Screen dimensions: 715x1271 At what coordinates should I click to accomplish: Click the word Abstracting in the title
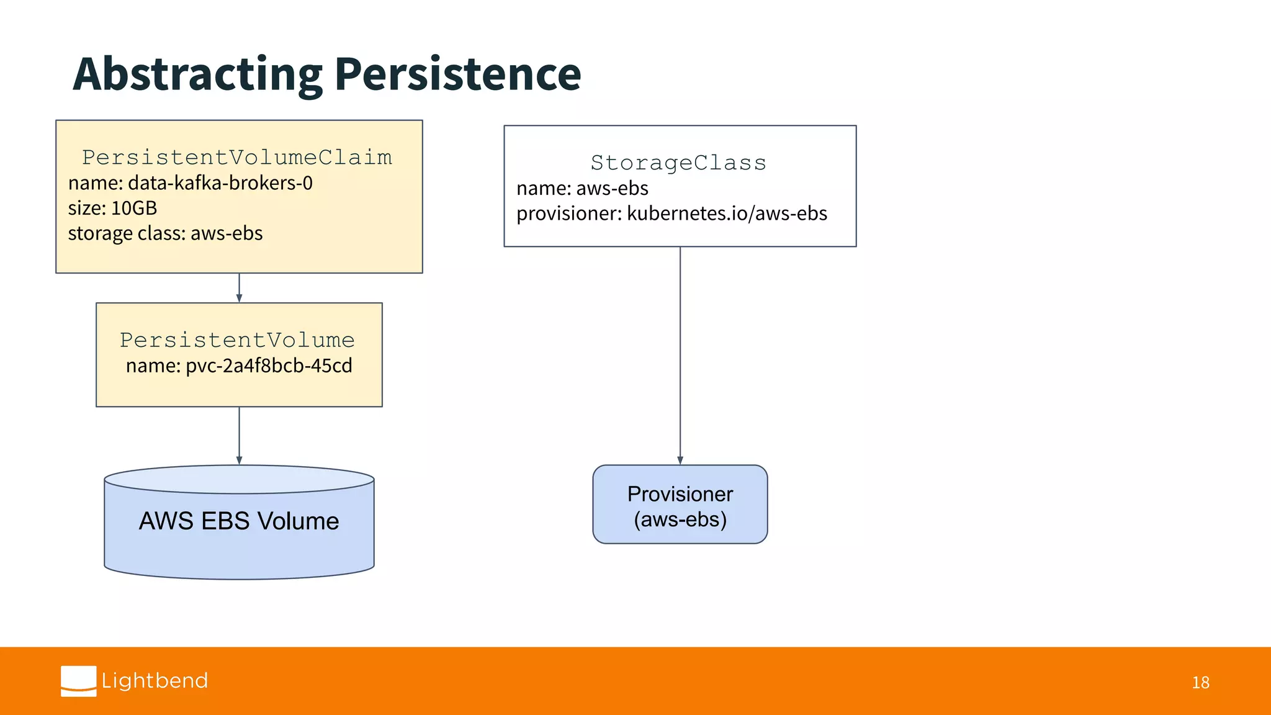coord(197,74)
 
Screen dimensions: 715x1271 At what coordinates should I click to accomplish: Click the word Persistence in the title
coord(457,74)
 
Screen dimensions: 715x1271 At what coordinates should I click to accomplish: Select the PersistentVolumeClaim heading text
coord(237,158)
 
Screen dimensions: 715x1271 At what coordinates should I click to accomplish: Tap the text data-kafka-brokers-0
coord(220,183)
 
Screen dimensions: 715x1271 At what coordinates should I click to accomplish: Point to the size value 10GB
coord(134,208)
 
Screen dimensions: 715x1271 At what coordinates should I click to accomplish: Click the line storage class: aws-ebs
coord(165,233)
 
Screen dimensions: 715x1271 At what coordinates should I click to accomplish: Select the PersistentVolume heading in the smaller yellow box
coord(237,340)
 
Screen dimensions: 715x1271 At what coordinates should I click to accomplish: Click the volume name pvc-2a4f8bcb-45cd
coord(269,366)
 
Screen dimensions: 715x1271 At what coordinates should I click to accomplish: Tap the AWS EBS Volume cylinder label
coord(239,521)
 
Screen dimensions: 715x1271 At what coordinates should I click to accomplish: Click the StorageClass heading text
coord(678,163)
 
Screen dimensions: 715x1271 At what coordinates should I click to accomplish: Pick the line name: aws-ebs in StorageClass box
coord(582,188)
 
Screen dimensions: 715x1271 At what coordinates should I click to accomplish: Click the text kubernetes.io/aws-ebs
coord(727,214)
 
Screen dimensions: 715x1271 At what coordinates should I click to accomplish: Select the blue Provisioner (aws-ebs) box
coord(680,505)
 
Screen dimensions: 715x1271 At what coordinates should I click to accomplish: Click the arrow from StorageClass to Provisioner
coord(680,354)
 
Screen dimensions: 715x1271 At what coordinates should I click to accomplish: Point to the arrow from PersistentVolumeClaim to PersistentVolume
coord(239,288)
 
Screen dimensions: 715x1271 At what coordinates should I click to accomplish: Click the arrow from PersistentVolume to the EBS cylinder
coord(239,435)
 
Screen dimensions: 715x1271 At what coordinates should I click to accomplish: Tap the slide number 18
coord(1200,683)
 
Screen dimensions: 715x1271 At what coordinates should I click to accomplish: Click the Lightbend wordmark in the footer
coord(155,681)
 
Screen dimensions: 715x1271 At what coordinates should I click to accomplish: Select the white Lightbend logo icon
coord(79,681)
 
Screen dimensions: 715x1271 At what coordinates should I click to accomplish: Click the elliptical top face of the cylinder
coord(239,480)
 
